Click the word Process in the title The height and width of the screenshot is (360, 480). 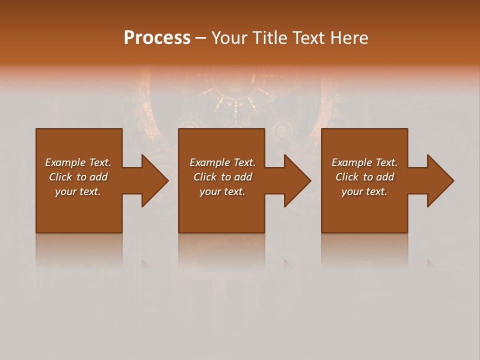pos(157,38)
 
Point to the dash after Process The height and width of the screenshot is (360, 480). pos(201,38)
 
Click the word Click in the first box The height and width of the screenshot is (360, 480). pos(61,177)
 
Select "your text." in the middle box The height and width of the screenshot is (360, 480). pos(222,191)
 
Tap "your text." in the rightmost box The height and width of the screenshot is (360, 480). pos(364,191)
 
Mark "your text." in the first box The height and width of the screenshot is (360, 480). pos(78,191)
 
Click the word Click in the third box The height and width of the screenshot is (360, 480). pos(347,177)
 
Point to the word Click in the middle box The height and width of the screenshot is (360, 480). pos(205,177)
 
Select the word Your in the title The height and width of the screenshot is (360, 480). pos(229,38)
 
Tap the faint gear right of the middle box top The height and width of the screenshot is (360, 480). pos(281,131)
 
